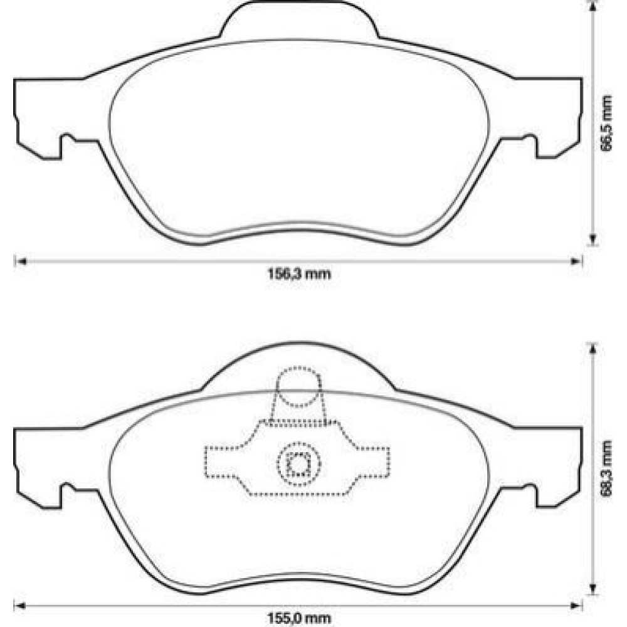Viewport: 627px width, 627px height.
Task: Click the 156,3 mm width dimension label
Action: click(299, 274)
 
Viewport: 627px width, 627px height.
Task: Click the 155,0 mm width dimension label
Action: click(299, 619)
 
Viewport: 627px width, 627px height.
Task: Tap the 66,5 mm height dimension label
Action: click(606, 123)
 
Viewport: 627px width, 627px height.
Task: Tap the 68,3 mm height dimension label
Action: click(606, 468)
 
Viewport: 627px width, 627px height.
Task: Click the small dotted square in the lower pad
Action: click(298, 464)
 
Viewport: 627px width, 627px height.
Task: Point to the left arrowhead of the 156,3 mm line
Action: click(20, 261)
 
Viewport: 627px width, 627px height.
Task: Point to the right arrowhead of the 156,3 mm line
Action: click(576, 261)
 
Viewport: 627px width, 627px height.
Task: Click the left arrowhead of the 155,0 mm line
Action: click(20, 606)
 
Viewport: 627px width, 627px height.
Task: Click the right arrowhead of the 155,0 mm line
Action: click(576, 606)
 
